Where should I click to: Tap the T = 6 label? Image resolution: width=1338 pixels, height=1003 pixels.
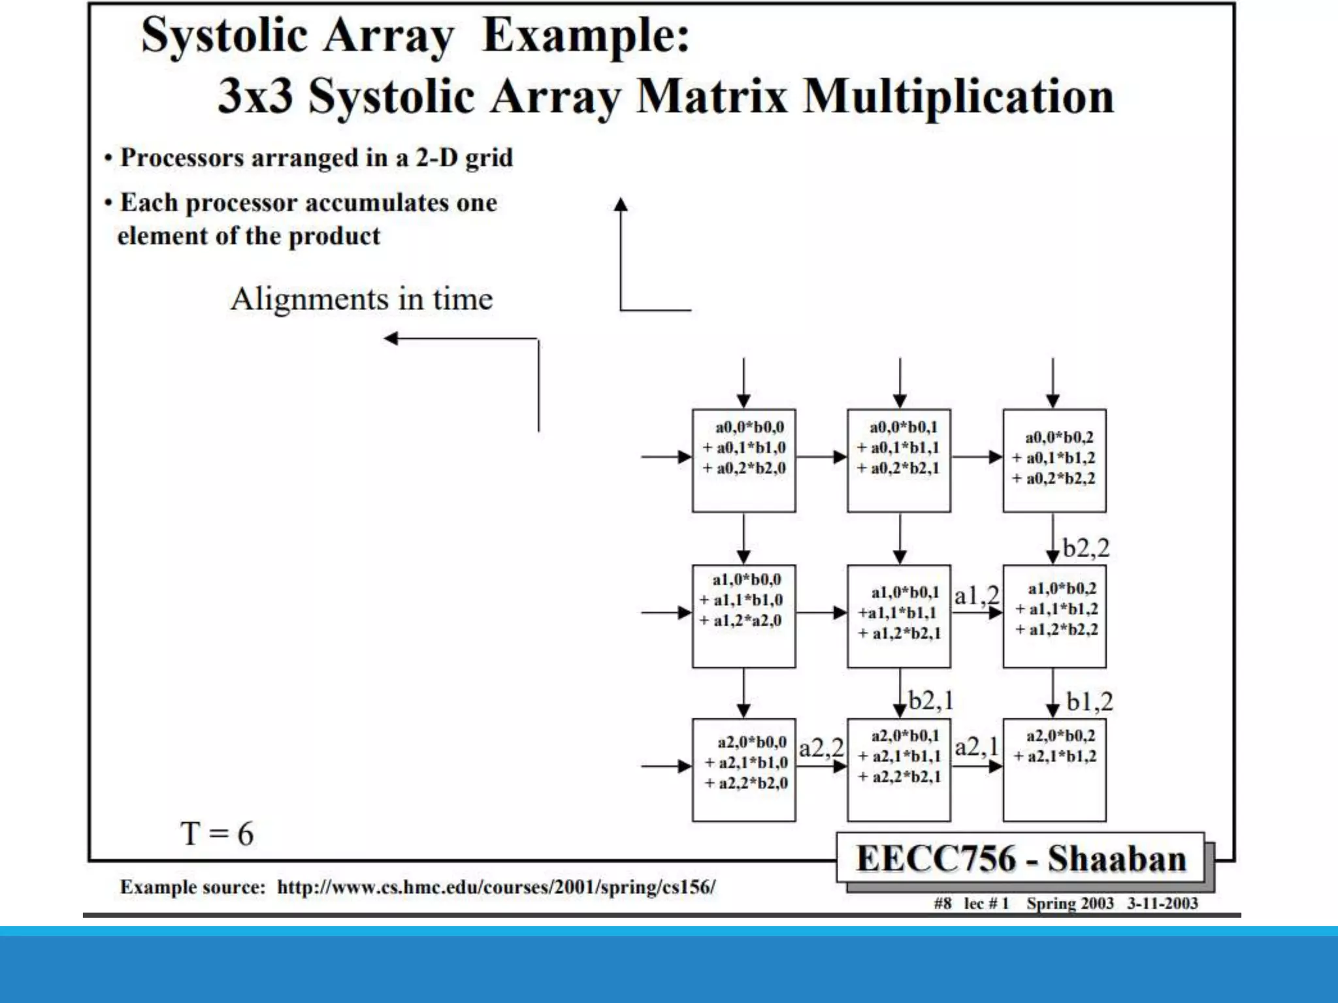click(217, 834)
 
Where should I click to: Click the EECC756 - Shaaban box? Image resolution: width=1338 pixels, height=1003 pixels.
click(1020, 858)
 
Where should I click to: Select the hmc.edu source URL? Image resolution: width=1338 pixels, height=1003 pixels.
click(496, 887)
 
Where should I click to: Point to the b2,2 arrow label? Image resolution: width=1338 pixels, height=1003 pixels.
click(1086, 548)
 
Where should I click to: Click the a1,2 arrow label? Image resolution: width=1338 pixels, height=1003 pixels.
click(976, 595)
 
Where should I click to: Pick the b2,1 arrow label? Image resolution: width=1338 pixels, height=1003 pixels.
click(931, 701)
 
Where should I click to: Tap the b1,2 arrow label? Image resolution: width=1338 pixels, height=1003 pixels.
click(1089, 702)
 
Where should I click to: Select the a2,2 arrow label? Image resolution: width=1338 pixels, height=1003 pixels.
click(821, 748)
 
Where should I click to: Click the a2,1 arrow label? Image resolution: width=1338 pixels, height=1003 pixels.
click(977, 746)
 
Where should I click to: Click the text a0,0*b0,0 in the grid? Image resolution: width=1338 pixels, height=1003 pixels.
click(749, 427)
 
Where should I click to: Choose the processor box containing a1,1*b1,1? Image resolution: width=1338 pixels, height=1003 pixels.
click(899, 616)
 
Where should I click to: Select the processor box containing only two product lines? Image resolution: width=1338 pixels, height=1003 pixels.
click(1054, 770)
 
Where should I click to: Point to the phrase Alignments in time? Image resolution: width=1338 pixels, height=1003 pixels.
click(361, 299)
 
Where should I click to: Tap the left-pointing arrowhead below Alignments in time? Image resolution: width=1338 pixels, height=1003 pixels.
click(391, 338)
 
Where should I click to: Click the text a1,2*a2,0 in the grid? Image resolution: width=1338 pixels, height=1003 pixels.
click(747, 620)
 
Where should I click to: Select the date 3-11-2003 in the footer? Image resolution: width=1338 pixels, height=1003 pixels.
click(1162, 903)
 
